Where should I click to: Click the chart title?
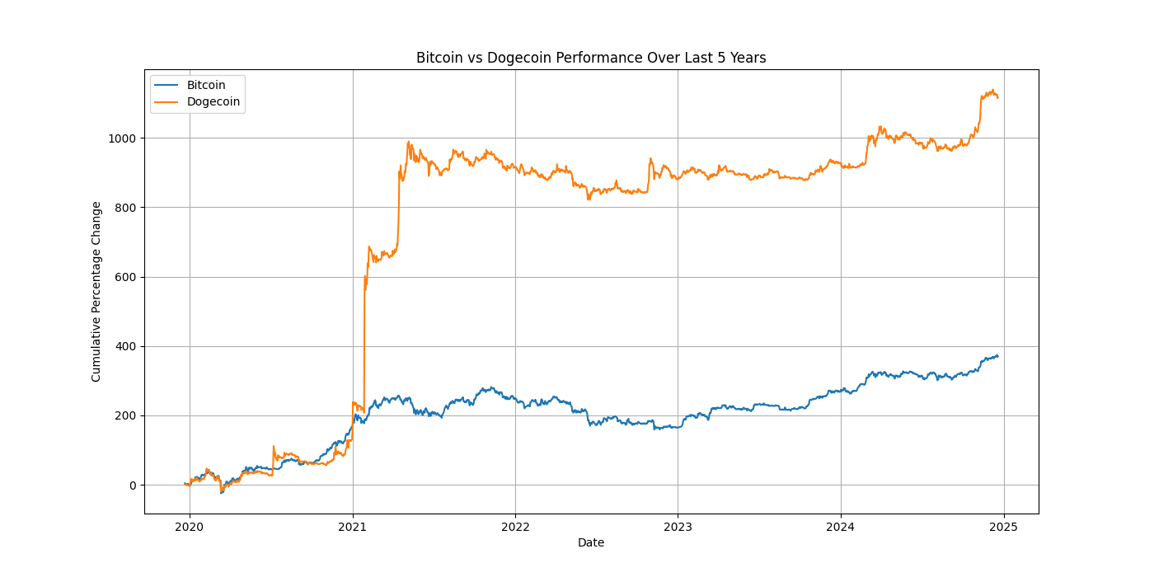591,58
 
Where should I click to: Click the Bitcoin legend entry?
205,85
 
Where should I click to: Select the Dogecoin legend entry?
213,102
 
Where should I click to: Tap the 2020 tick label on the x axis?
190,526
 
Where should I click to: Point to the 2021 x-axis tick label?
353,526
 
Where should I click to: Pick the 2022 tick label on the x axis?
515,526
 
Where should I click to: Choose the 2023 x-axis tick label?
678,526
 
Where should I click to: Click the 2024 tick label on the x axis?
841,526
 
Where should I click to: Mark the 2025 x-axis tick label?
1003,526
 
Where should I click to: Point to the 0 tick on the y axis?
132,486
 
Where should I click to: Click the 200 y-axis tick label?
126,415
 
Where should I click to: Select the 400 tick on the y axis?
126,346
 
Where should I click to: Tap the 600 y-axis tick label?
126,277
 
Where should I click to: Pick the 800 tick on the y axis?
126,208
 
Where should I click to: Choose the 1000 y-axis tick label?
124,138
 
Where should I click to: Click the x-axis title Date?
591,542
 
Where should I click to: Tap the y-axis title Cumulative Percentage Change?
96,291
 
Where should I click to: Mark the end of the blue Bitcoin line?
997,356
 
